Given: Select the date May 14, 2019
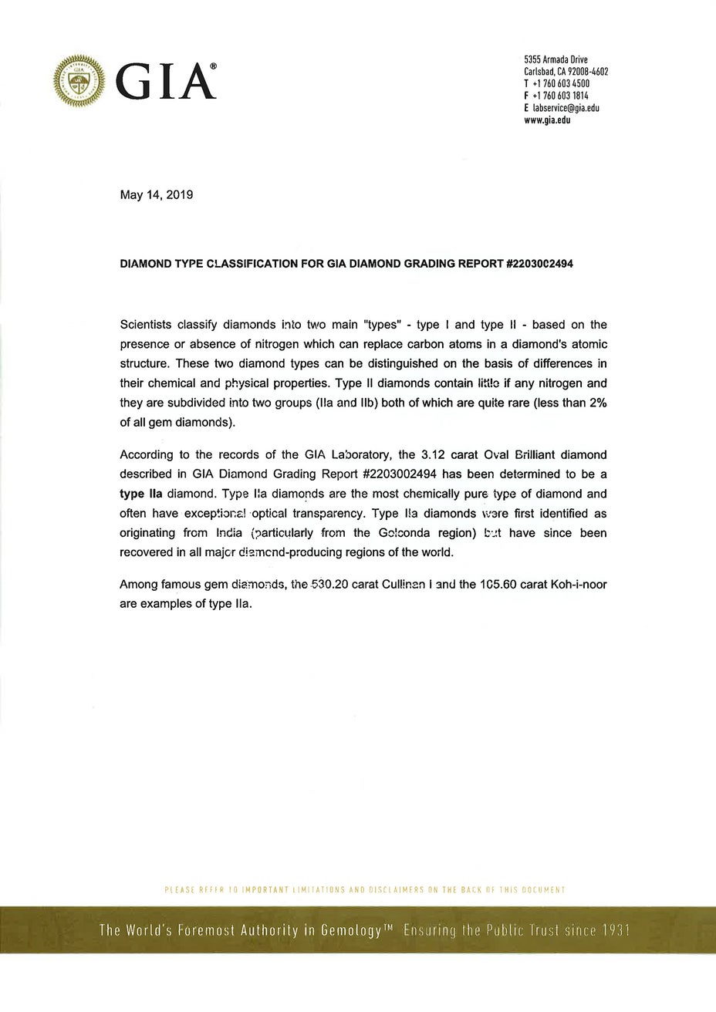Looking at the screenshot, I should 157,195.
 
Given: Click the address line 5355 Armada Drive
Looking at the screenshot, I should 556,59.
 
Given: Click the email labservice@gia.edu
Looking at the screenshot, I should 566,108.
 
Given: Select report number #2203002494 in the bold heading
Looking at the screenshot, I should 540,264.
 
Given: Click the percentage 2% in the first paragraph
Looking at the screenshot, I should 598,403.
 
